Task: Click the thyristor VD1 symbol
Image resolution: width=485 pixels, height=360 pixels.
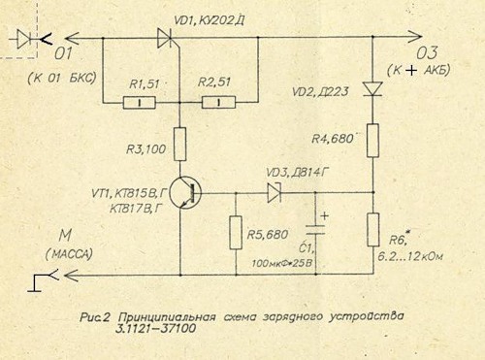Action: (x=165, y=38)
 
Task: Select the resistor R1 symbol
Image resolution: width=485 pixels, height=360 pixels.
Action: (x=140, y=103)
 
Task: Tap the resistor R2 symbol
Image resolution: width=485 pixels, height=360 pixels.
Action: (x=218, y=103)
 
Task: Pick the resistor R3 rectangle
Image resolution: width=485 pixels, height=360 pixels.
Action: (x=180, y=145)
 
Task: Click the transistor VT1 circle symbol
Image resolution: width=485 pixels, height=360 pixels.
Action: (x=185, y=193)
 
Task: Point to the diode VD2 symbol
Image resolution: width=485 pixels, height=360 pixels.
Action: (x=372, y=88)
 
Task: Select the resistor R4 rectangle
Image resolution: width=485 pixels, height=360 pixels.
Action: (x=372, y=141)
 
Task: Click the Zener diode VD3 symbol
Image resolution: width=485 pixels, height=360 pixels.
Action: (x=275, y=193)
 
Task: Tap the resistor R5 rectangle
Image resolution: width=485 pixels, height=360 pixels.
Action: (x=236, y=233)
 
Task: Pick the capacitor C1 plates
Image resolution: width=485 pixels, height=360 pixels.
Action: (x=315, y=230)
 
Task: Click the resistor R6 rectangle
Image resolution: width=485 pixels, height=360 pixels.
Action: (x=373, y=230)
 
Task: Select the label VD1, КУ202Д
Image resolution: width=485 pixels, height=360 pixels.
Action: (x=210, y=20)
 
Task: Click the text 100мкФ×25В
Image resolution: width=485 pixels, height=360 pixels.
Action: (x=282, y=263)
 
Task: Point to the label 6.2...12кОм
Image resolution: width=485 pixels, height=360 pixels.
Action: (x=410, y=257)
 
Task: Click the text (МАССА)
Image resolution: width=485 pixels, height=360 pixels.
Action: (x=69, y=254)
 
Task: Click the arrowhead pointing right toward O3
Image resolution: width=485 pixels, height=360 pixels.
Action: (x=414, y=37)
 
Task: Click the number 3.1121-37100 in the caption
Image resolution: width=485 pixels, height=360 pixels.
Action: (x=157, y=329)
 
